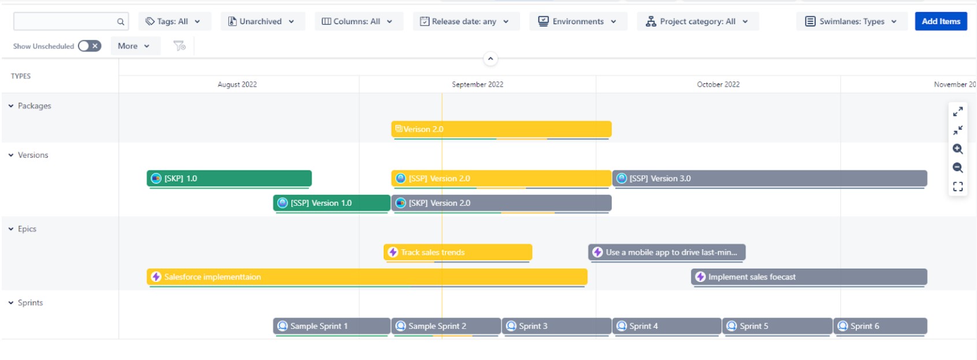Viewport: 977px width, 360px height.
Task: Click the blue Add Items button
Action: click(x=941, y=21)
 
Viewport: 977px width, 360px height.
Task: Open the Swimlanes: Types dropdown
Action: click(x=852, y=21)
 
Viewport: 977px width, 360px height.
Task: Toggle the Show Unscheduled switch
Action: click(x=90, y=46)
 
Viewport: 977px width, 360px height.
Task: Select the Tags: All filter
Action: click(x=174, y=21)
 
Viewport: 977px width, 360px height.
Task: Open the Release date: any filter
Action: click(x=466, y=21)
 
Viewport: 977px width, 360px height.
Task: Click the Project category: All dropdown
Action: click(x=698, y=21)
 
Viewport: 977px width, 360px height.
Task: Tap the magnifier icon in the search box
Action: click(x=120, y=22)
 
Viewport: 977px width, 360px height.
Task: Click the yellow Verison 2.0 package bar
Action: click(x=501, y=129)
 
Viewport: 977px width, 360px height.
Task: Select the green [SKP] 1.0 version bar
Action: click(x=229, y=178)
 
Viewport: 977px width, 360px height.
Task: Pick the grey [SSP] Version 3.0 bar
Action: click(x=770, y=178)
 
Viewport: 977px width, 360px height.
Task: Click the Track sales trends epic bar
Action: click(x=458, y=252)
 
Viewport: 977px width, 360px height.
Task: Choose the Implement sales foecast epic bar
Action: click(x=809, y=277)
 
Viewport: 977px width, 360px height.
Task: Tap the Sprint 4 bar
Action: click(x=667, y=326)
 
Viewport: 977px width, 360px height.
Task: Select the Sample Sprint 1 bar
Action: click(x=332, y=326)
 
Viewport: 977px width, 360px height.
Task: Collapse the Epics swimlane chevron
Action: click(x=11, y=229)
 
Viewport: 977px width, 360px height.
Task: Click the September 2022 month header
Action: click(x=478, y=84)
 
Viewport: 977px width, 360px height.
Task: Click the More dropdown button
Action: click(x=134, y=46)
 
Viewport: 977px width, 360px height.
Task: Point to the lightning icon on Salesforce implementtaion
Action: click(x=156, y=277)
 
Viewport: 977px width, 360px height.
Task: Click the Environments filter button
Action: click(x=578, y=21)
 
